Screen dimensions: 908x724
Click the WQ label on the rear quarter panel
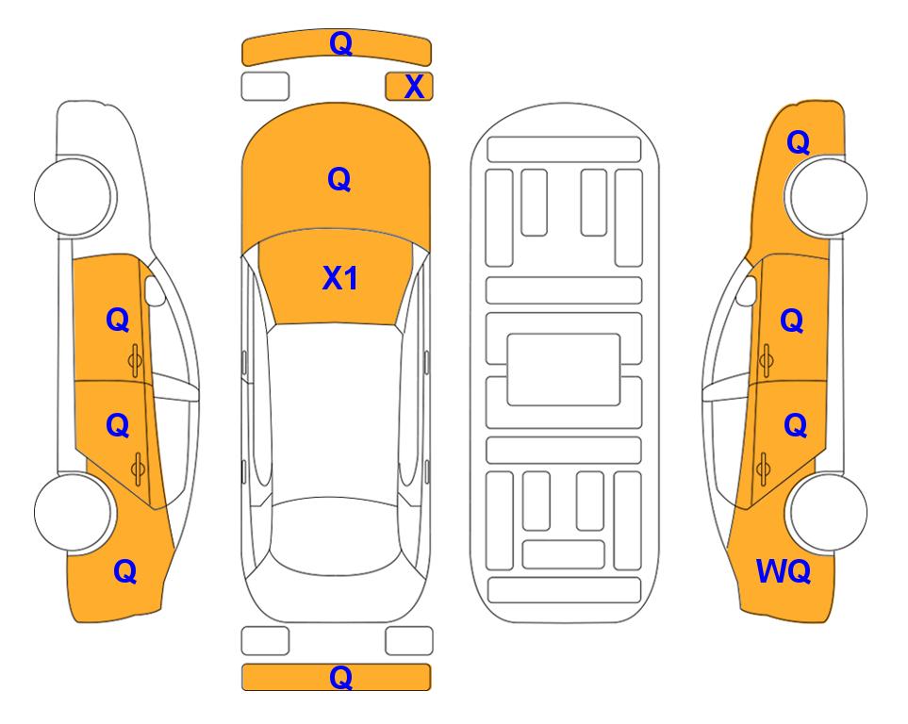pos(783,571)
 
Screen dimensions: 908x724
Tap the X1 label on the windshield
pos(340,278)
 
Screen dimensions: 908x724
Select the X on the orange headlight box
pos(414,87)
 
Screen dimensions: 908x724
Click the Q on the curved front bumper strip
pos(340,43)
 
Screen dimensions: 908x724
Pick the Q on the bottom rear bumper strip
pos(340,677)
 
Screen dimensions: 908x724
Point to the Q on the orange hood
pos(339,179)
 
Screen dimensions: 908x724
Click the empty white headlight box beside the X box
pos(265,87)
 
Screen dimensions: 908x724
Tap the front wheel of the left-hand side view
pos(74,196)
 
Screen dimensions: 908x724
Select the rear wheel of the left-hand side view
pos(74,512)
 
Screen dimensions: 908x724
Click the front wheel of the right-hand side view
pos(826,196)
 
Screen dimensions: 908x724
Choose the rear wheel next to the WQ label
pos(826,512)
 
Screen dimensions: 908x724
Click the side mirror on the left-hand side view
pos(155,290)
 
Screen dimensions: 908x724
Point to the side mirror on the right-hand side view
pos(746,290)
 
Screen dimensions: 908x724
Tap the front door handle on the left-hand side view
pos(136,360)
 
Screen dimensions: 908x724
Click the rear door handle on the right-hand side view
pos(763,469)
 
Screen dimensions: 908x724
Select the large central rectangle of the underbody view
pos(564,370)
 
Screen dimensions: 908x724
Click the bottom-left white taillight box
pos(265,641)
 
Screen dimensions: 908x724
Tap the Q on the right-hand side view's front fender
pos(798,142)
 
